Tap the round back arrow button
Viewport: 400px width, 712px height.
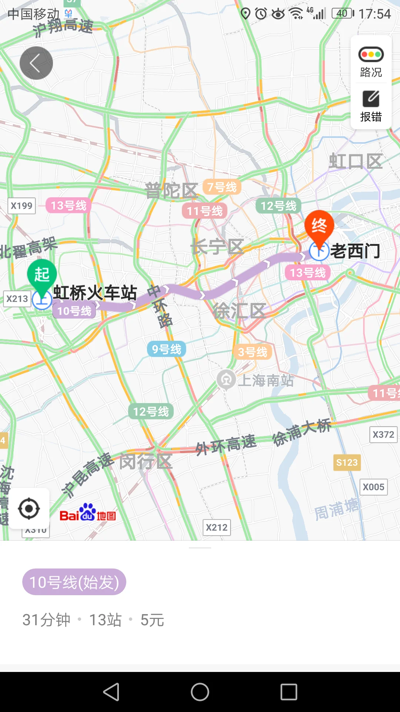pyautogui.click(x=36, y=63)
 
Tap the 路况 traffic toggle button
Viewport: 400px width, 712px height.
pyautogui.click(x=371, y=62)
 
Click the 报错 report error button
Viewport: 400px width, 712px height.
pyautogui.click(x=371, y=106)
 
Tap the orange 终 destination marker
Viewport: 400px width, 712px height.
pyautogui.click(x=319, y=226)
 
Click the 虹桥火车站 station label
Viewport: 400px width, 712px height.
pyautogui.click(x=95, y=293)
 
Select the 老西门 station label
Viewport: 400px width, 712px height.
pyautogui.click(x=355, y=251)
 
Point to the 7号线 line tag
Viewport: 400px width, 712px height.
pyautogui.click(x=222, y=187)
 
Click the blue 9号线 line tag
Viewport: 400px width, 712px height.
pyautogui.click(x=167, y=349)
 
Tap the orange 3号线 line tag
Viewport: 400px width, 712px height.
pyautogui.click(x=252, y=352)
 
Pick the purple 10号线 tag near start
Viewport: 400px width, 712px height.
pyautogui.click(x=74, y=311)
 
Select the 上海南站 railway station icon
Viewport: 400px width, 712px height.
pyautogui.click(x=226, y=379)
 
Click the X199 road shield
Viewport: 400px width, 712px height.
pyautogui.click(x=21, y=206)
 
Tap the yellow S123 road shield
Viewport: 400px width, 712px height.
pyautogui.click(x=347, y=462)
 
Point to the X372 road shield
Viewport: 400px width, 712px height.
pyautogui.click(x=383, y=435)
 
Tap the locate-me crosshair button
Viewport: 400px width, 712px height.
pyautogui.click(x=29, y=509)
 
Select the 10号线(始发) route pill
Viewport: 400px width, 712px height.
pyautogui.click(x=74, y=582)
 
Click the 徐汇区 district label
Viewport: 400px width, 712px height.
pyautogui.click(x=239, y=311)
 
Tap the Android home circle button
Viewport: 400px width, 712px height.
pyautogui.click(x=200, y=692)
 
